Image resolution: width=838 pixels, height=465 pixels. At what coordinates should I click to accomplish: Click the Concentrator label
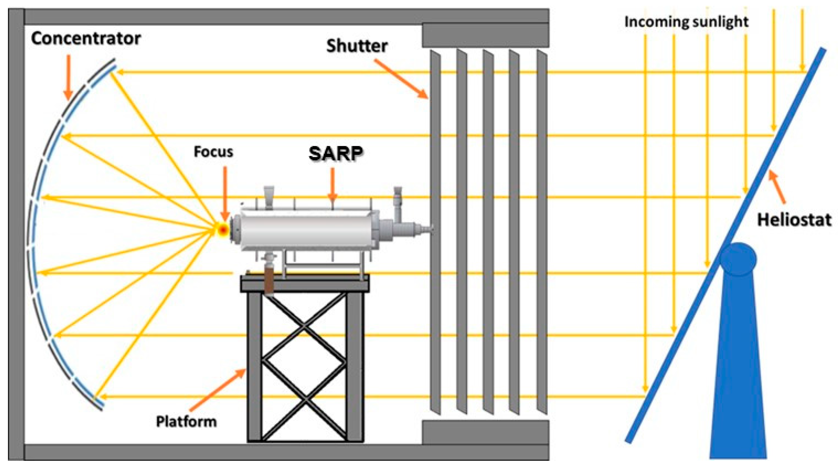pos(86,39)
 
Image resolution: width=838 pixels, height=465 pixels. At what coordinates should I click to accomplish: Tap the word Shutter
pos(357,46)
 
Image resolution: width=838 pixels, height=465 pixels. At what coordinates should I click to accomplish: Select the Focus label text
pos(213,152)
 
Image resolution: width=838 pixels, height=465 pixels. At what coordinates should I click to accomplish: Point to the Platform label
pos(186,422)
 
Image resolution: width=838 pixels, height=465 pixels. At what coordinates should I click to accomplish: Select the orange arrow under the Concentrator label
pos(68,76)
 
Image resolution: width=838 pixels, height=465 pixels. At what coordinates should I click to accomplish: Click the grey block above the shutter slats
pos(485,35)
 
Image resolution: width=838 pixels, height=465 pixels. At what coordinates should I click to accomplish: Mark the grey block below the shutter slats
pos(485,432)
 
